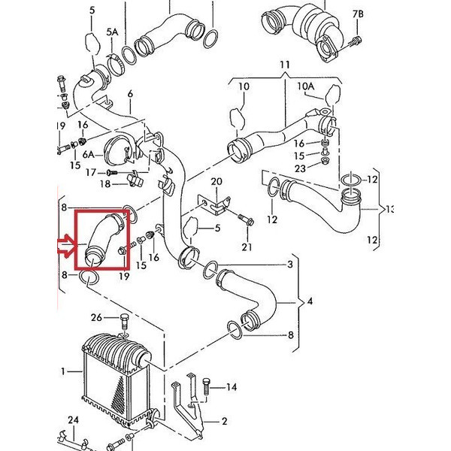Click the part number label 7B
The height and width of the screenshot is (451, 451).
358,14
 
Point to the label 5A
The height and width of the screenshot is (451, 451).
112,32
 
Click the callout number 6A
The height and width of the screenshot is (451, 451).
88,154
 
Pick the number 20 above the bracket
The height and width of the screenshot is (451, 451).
216,182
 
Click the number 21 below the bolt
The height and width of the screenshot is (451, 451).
247,247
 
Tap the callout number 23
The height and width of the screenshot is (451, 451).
300,170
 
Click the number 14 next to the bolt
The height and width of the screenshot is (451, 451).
231,387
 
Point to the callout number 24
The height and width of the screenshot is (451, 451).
73,419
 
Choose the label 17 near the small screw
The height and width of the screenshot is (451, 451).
91,172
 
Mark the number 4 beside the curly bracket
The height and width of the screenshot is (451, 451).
311,302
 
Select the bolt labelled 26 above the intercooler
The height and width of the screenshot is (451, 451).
123,324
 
